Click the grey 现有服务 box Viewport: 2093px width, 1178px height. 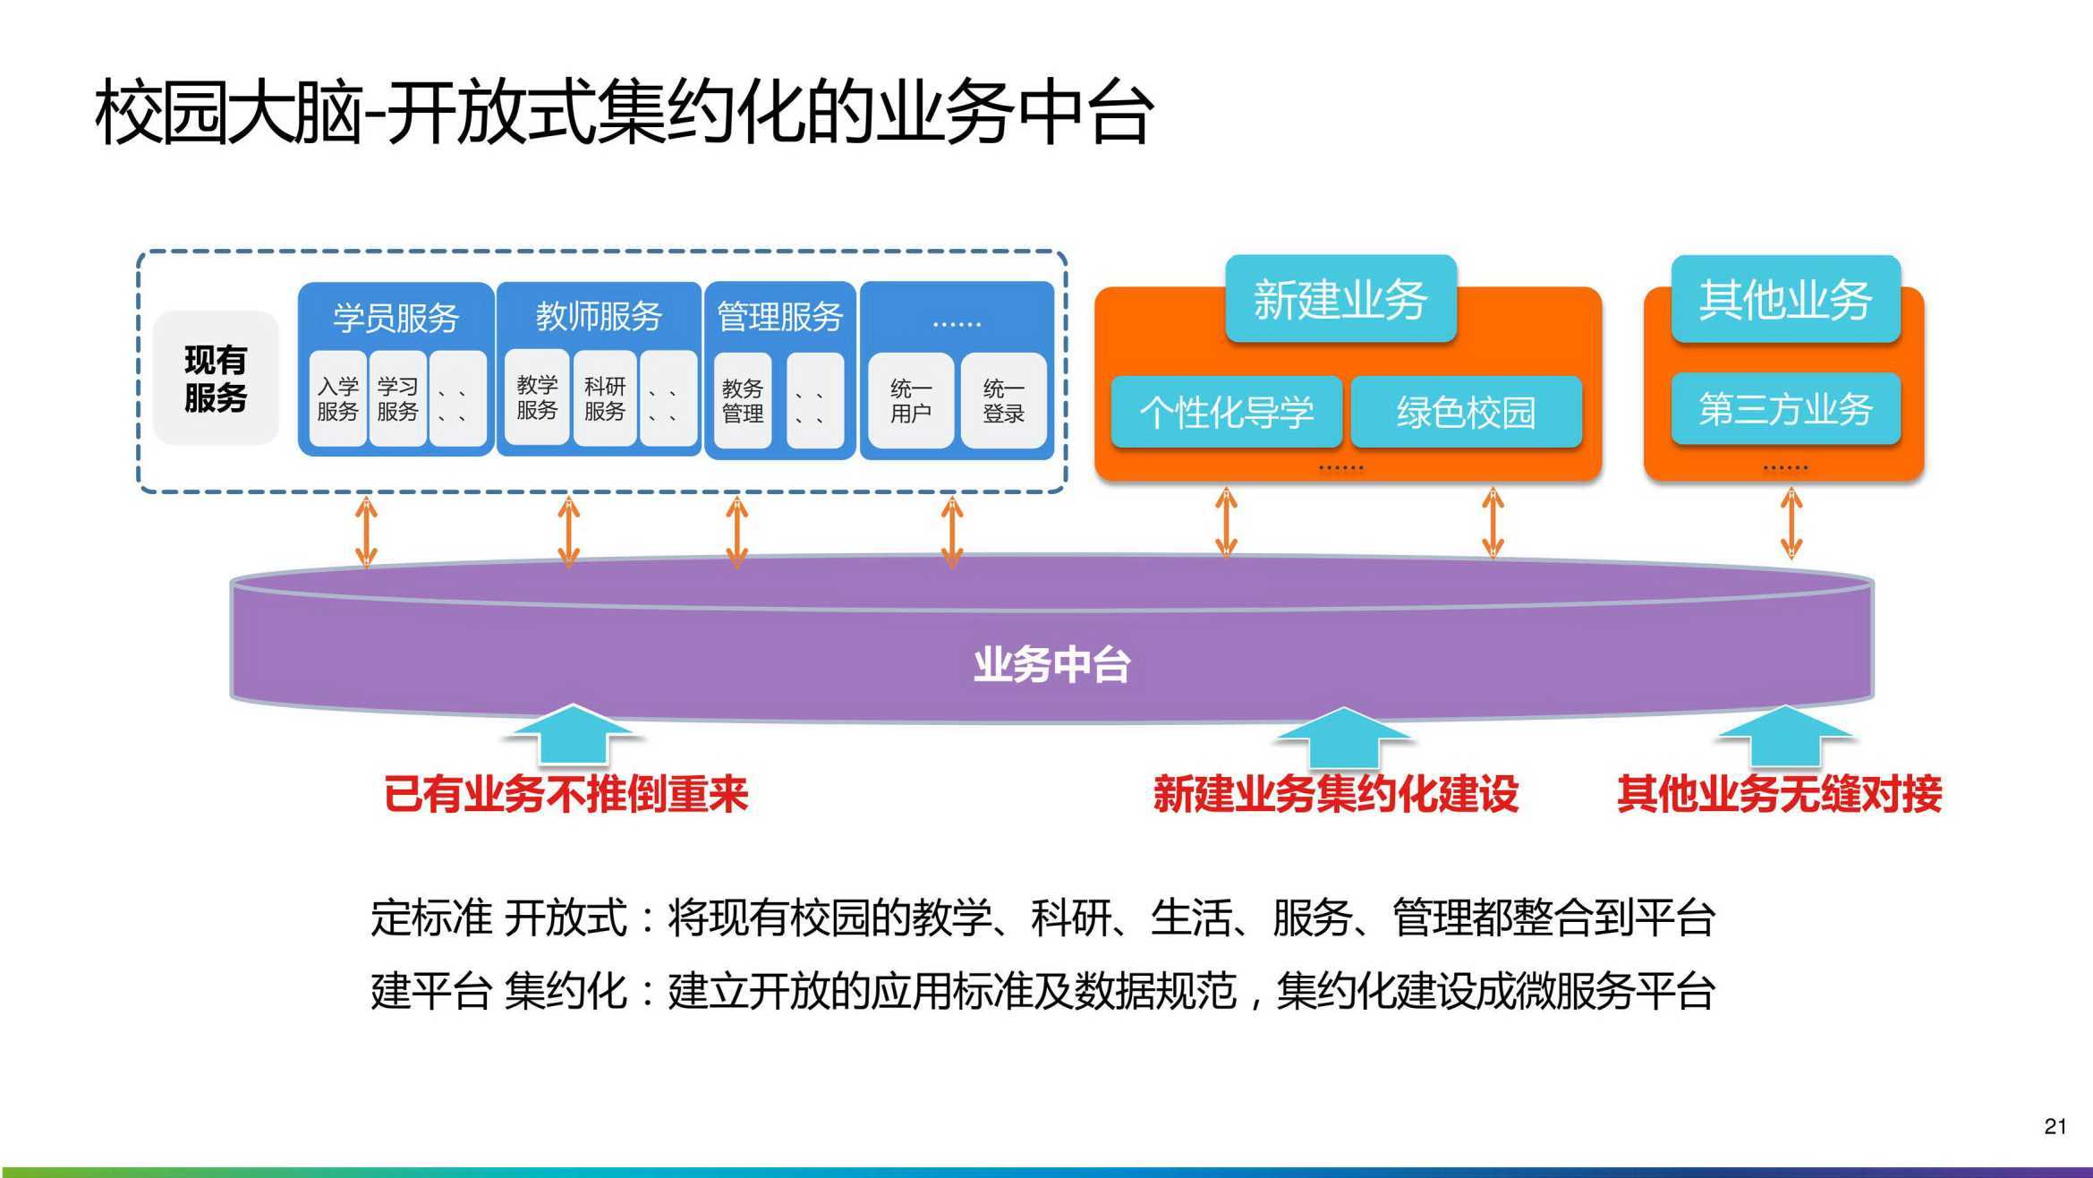(216, 378)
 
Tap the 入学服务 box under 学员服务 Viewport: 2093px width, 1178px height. (337, 399)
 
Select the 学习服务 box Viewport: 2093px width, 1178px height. (397, 399)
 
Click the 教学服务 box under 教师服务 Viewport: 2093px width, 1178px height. (537, 397)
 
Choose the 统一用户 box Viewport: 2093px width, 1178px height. (911, 401)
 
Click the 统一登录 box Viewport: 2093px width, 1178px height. (1003, 401)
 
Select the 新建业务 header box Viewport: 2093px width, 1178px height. (1340, 299)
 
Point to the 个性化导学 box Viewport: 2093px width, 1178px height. (1226, 413)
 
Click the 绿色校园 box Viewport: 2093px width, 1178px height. (1466, 413)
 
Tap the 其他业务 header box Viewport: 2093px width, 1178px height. (1785, 299)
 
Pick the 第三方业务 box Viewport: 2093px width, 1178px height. (1785, 409)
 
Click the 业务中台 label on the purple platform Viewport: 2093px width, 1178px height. (1051, 665)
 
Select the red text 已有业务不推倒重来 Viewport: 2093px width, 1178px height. (566, 794)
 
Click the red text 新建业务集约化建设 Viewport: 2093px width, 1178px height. (1336, 794)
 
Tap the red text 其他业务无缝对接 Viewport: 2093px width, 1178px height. (1779, 794)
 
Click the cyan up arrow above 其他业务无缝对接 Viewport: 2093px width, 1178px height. (1785, 737)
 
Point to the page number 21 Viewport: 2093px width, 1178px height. (2055, 1126)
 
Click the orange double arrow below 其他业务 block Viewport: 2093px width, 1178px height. (1791, 524)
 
